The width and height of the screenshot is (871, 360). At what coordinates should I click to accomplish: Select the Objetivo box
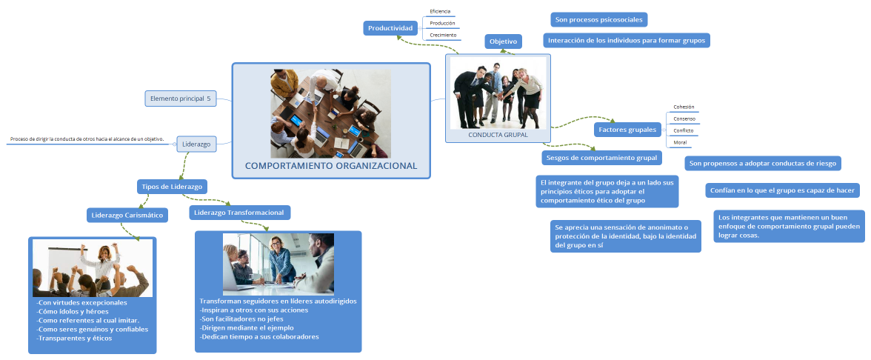tap(504, 41)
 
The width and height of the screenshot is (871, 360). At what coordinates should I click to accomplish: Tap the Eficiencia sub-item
tap(440, 11)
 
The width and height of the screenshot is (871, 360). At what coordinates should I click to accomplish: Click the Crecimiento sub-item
tap(443, 35)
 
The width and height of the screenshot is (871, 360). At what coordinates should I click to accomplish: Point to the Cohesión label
tap(684, 107)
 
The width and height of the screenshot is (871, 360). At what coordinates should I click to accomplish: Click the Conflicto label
tap(683, 130)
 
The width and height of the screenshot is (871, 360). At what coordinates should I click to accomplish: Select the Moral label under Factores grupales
tap(680, 142)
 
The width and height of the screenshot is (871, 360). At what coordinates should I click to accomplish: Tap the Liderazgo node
tap(197, 144)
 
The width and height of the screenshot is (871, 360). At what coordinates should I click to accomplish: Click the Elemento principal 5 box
tap(181, 99)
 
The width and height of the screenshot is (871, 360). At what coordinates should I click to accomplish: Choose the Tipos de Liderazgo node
tap(172, 186)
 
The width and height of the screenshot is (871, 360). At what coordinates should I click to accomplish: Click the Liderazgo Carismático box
tap(127, 215)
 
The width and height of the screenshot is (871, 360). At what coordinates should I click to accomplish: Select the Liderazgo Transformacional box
tap(239, 212)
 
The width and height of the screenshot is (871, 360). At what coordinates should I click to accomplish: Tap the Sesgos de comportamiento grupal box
tap(602, 158)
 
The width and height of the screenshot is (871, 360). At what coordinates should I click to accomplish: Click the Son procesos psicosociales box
tap(599, 20)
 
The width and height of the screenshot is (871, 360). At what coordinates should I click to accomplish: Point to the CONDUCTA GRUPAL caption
tap(498, 135)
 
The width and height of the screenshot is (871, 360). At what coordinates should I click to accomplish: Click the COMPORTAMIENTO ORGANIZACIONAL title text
tap(331, 166)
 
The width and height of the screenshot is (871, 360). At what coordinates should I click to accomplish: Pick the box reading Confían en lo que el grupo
tap(783, 190)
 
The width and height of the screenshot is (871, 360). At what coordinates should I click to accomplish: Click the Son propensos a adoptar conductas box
tap(764, 163)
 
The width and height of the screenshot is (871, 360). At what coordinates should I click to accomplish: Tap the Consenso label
tap(684, 119)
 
